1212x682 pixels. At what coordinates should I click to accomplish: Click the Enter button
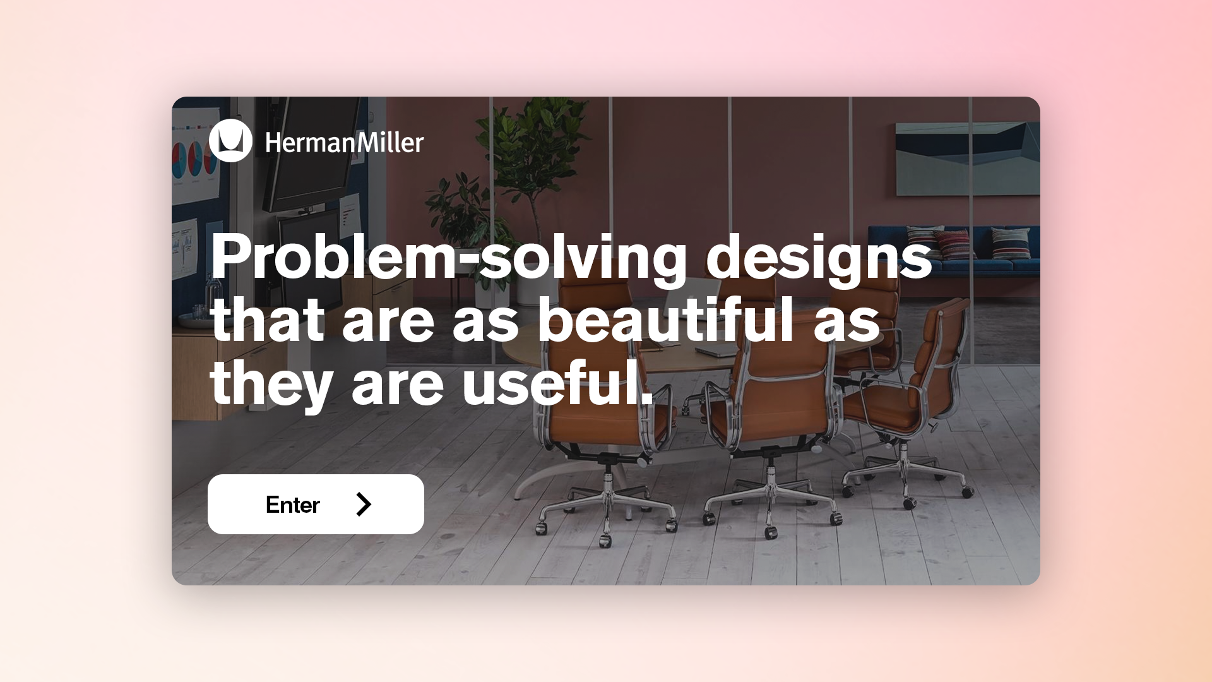click(x=316, y=504)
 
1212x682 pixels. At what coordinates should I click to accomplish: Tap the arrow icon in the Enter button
click(x=364, y=504)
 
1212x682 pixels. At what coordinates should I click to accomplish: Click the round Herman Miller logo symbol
click(x=230, y=141)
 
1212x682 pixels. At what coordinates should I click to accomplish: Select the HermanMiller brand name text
click(x=344, y=143)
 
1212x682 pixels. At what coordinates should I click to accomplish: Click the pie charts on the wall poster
click(x=193, y=159)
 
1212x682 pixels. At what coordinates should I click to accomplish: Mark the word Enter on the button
click(x=293, y=505)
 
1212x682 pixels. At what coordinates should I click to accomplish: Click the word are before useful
click(x=398, y=386)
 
